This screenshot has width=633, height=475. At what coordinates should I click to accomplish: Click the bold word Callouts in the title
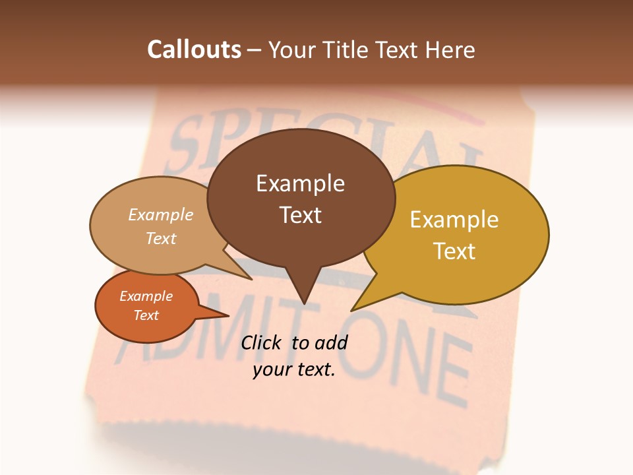tap(194, 49)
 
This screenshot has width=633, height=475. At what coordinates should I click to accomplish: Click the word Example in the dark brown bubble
tap(300, 183)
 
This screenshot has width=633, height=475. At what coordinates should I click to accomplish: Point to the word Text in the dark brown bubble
tap(300, 215)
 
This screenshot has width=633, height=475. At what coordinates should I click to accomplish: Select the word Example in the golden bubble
tap(454, 220)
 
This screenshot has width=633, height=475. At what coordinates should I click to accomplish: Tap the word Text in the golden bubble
tap(454, 251)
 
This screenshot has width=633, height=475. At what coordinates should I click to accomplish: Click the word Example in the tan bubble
tap(160, 214)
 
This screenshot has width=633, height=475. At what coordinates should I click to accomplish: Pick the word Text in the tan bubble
tap(160, 238)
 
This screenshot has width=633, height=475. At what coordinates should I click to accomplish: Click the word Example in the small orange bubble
tap(146, 296)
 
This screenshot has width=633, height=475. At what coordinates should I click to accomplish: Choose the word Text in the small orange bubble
tap(146, 315)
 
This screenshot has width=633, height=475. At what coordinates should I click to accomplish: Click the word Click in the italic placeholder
tap(260, 342)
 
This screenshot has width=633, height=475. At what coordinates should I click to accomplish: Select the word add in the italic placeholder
tap(330, 342)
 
